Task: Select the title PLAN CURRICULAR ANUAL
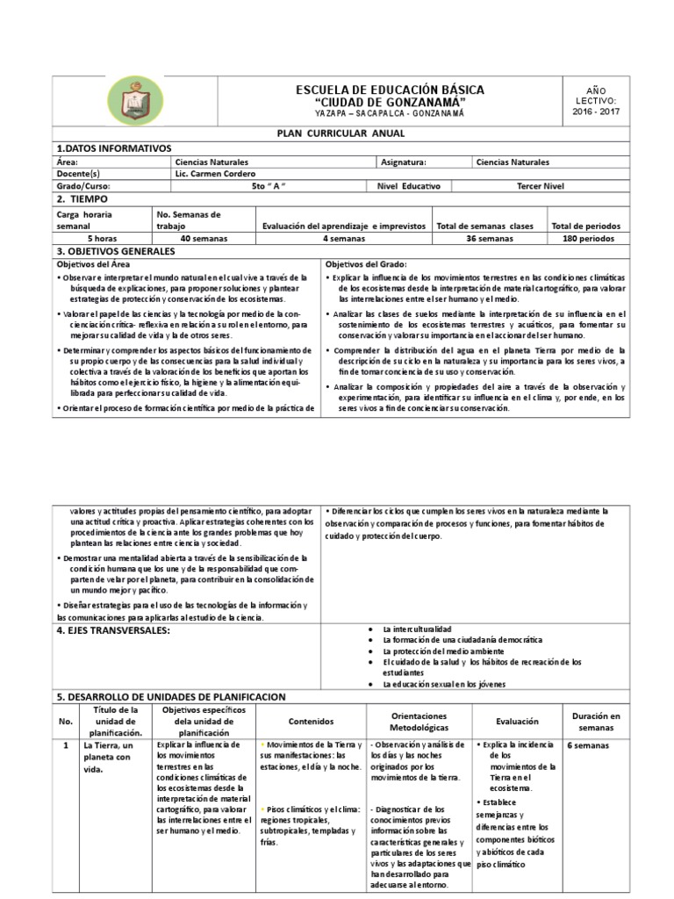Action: [337, 135]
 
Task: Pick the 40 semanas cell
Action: [204, 238]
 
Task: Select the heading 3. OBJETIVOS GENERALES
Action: [116, 251]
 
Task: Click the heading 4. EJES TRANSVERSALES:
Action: [112, 629]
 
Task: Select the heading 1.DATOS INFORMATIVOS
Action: [114, 148]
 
